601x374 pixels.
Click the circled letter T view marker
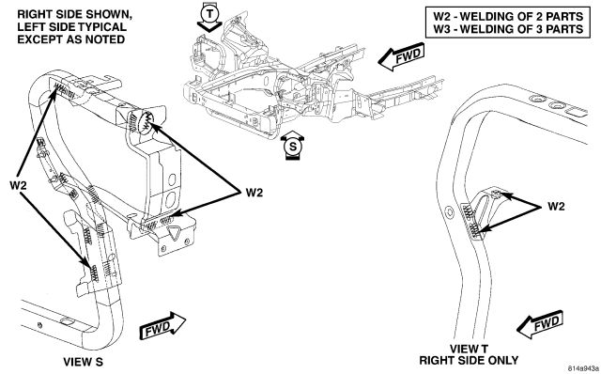pos(209,15)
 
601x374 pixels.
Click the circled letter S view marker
pos(293,147)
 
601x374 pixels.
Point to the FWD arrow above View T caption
pos(540,324)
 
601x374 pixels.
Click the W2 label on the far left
pos(18,186)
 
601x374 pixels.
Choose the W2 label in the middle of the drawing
pos(254,193)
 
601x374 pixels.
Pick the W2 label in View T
pos(556,207)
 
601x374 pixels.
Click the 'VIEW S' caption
pos(84,362)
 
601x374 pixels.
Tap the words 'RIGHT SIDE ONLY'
pos(469,361)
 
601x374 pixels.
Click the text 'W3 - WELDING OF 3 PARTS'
pos(508,29)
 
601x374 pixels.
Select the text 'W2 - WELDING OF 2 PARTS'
pos(508,17)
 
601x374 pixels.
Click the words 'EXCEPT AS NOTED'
pos(71,39)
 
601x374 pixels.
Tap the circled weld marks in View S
pos(147,121)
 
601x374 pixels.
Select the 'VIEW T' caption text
pos(469,349)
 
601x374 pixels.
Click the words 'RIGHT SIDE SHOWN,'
pos(75,15)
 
